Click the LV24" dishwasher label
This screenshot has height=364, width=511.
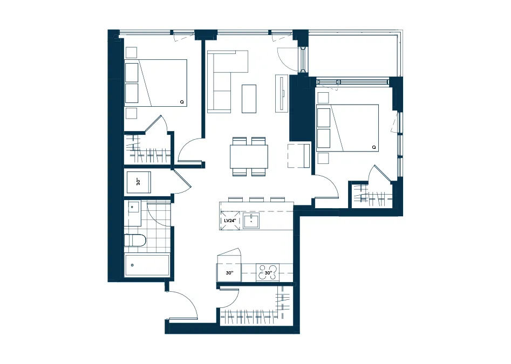click(230, 221)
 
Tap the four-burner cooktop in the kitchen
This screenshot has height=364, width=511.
click(268, 272)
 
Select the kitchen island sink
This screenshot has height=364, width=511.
click(251, 221)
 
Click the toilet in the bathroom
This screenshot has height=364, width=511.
click(135, 241)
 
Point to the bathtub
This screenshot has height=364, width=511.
click(147, 265)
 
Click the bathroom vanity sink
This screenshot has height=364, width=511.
click(133, 207)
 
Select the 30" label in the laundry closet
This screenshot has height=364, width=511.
click(138, 182)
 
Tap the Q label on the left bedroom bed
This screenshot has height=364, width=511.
click(182, 102)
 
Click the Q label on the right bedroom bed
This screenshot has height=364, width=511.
click(374, 147)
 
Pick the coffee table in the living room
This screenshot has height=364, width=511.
click(249, 99)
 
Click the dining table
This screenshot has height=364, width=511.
click(249, 156)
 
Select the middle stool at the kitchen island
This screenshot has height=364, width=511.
click(256, 199)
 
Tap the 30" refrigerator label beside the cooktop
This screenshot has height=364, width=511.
click(229, 273)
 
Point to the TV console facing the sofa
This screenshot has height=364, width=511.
click(282, 93)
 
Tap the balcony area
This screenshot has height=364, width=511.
click(353, 54)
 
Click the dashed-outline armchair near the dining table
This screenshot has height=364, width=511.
click(298, 155)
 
